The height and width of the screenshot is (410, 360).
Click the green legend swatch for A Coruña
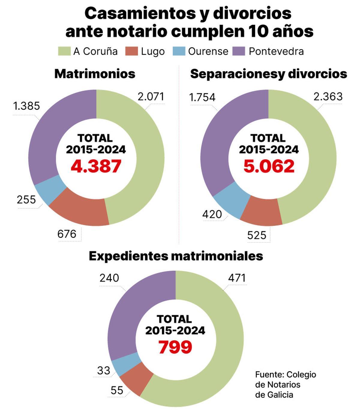[64, 51]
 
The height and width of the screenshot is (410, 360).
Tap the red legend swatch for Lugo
[131, 51]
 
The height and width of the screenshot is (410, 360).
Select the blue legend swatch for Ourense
[179, 51]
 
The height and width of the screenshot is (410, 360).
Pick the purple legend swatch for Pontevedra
[239, 51]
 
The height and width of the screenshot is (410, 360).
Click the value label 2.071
[151, 97]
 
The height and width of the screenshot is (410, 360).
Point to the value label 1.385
[26, 106]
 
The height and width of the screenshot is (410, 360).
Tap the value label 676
[67, 234]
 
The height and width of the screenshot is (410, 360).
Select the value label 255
[26, 200]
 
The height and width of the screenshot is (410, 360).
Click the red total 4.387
[96, 166]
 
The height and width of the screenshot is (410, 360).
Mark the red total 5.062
[269, 166]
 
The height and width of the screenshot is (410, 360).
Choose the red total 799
[175, 347]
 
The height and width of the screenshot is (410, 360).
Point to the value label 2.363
[328, 97]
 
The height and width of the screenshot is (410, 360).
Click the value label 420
[212, 214]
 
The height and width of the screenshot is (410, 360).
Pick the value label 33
[104, 371]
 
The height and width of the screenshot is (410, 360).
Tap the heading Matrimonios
[95, 74]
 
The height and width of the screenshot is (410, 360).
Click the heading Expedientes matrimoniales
[176, 256]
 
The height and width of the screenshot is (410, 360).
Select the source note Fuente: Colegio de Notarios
[285, 384]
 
